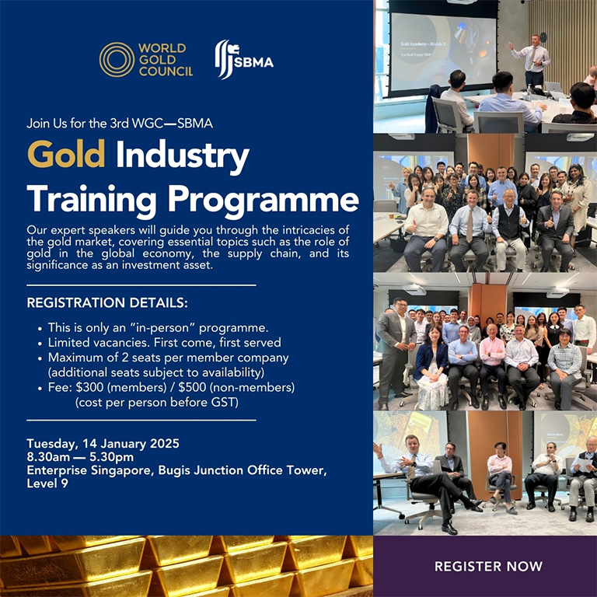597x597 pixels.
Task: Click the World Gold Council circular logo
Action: click(117, 60)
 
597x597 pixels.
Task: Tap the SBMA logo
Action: click(244, 60)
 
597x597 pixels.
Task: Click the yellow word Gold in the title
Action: click(66, 156)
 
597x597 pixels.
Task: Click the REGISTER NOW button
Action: click(488, 566)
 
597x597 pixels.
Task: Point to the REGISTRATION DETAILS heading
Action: click(107, 302)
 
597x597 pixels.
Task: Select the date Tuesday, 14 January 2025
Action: click(103, 444)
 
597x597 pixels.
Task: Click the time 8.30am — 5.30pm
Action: click(80, 457)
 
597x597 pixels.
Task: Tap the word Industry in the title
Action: click(183, 156)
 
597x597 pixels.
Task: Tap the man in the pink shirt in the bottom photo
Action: click(499, 474)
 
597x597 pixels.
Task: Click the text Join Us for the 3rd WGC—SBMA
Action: click(119, 123)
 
